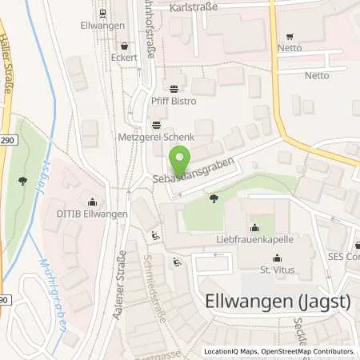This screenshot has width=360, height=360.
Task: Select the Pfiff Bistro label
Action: point(174,102)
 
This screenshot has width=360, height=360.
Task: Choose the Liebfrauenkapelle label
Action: point(254,238)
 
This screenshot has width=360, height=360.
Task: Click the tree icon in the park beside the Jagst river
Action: point(22,180)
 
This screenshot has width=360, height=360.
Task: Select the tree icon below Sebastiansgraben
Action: point(213,196)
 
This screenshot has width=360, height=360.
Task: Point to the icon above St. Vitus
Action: point(277,258)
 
